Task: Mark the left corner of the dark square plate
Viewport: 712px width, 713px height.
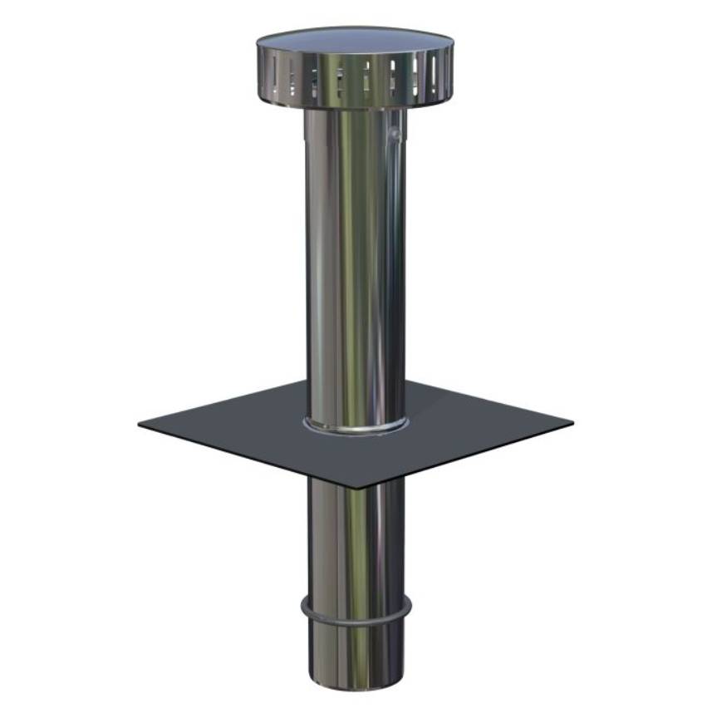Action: click(x=140, y=424)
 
